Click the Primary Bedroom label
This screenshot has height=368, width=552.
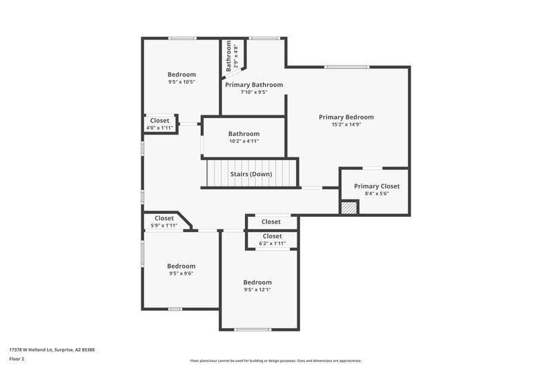(346, 117)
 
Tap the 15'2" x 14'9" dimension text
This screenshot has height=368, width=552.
(346, 125)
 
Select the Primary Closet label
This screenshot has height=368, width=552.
(377, 186)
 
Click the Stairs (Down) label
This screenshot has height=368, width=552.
(251, 174)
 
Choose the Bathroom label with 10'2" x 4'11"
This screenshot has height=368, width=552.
(244, 133)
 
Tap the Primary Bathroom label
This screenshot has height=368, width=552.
(254, 84)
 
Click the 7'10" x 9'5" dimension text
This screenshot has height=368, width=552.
(254, 92)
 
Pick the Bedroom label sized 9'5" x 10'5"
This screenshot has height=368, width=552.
(181, 75)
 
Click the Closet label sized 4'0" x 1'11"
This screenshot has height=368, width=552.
(159, 120)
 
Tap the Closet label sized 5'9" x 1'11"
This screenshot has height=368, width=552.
(164, 218)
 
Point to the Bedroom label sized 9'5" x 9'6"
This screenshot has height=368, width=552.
(181, 266)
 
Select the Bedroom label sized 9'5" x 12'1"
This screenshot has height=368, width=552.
(257, 282)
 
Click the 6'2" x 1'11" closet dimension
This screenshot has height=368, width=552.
(272, 243)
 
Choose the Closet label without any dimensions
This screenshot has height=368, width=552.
(271, 222)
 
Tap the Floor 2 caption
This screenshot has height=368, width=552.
(17, 359)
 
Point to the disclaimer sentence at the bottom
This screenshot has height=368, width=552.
(276, 360)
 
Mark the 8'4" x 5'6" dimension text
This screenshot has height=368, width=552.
(377, 193)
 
